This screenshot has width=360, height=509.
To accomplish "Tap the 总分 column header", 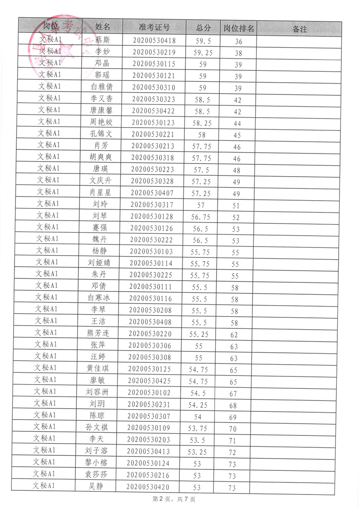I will pyautogui.click(x=203, y=28).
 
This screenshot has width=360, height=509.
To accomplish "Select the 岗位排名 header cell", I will pyautogui.click(x=239, y=29).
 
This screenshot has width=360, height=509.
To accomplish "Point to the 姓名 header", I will pyautogui.click(x=103, y=26).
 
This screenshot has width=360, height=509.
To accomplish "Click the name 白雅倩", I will pyautogui.click(x=102, y=87).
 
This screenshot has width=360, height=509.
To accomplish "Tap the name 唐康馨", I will pyautogui.click(x=101, y=111).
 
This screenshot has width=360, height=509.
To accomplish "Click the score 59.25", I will pyautogui.click(x=203, y=53).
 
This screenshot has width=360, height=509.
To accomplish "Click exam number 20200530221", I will pyautogui.click(x=153, y=134).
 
